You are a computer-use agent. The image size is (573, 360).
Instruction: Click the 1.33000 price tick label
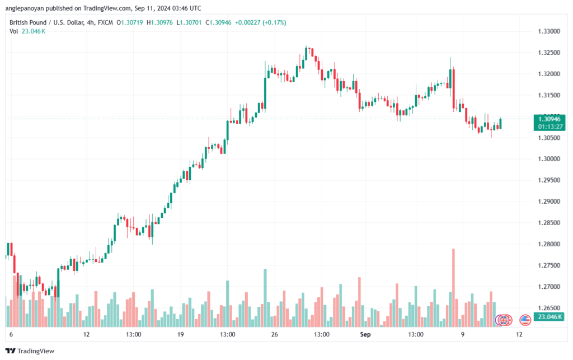pos(549,31)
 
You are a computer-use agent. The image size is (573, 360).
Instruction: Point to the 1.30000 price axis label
pos(549,159)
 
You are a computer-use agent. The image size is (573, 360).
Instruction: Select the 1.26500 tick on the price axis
pos(549,308)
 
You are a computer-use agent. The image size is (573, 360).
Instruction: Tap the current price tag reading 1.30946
pos(549,119)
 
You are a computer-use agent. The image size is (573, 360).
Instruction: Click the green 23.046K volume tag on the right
pos(549,317)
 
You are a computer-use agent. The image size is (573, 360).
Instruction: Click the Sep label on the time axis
pos(365,334)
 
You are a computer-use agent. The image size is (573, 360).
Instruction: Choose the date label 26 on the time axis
pos(274,334)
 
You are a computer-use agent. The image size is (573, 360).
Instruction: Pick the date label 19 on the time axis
pos(180,334)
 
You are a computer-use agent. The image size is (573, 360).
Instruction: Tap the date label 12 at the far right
pos(519,334)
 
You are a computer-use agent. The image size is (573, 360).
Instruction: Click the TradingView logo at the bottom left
pos(30,351)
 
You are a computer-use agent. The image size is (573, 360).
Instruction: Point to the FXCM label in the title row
pos(105,22)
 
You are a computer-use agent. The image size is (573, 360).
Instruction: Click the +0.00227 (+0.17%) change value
pos(261,22)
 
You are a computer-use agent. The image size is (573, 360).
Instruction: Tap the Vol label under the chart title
pos(13,31)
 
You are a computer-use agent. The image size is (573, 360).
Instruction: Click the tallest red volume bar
pos(453,288)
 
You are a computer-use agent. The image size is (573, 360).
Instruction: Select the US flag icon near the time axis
pos(525,320)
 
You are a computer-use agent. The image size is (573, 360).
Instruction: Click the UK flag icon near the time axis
pos(504,320)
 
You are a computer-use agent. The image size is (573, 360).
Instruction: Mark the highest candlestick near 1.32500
pos(306,53)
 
